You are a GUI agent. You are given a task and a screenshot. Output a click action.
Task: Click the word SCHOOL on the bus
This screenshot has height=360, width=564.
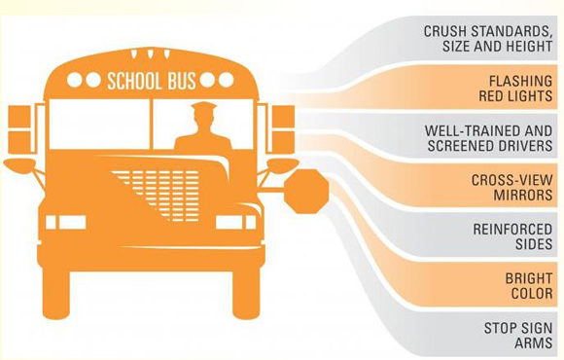[132, 81]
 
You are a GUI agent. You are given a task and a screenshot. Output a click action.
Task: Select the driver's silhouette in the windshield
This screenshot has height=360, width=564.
[203, 126]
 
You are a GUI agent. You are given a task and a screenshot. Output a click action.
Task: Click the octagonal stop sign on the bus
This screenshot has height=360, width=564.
[306, 192]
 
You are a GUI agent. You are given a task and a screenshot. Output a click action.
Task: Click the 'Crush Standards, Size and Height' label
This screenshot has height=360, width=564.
[488, 39]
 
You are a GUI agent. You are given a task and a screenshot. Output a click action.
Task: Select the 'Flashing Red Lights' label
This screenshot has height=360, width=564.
[515, 89]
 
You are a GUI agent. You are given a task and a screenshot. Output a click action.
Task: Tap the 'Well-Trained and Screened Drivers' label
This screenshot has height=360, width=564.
[488, 138]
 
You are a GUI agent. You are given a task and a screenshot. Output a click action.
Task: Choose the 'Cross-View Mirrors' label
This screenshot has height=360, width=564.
[511, 188]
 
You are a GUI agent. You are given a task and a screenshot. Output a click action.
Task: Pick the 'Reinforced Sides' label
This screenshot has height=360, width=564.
[512, 236]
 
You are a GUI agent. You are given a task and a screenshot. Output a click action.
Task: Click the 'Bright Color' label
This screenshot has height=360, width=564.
[529, 286]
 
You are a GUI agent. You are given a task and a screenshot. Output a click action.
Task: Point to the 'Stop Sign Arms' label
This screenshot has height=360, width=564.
[518, 335]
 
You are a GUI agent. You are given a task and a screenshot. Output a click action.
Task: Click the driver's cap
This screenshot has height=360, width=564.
[203, 107]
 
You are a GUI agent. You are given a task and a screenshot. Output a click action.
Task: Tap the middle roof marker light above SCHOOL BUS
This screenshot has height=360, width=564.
[150, 54]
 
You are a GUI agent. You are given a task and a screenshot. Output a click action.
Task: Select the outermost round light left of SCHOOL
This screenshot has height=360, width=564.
[75, 80]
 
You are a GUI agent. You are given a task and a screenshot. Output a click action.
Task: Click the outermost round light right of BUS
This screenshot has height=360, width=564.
[227, 80]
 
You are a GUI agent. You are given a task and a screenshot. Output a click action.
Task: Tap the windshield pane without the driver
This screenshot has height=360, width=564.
[99, 125]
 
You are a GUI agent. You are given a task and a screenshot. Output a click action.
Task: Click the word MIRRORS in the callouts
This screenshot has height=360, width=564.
[522, 196]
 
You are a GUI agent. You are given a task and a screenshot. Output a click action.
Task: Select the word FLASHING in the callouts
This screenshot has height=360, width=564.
[520, 81]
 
